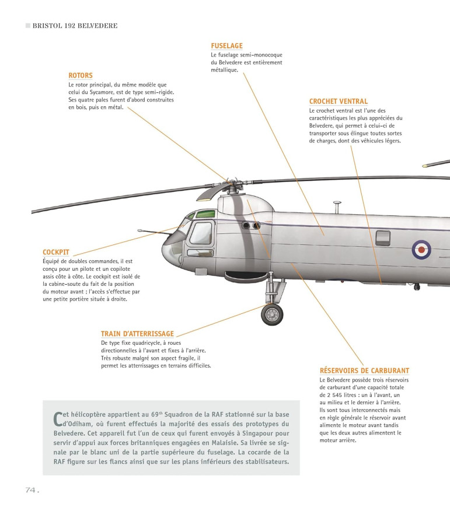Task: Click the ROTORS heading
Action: coord(81,76)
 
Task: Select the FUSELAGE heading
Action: coord(226,46)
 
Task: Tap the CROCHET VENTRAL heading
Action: coord(339,102)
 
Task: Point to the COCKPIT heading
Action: coord(56,252)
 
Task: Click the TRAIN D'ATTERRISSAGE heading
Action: coord(137,334)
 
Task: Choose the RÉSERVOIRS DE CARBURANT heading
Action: coord(364,370)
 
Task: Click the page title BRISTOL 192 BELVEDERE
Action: coord(75,26)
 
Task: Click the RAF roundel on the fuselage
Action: coord(421,250)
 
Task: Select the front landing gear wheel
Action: coord(271,315)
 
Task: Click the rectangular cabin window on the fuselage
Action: coord(383,237)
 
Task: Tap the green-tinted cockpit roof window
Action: coord(204,214)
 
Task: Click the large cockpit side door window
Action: coord(200,233)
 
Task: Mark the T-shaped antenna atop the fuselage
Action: coord(337,206)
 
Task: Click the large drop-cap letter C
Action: coord(57,418)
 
